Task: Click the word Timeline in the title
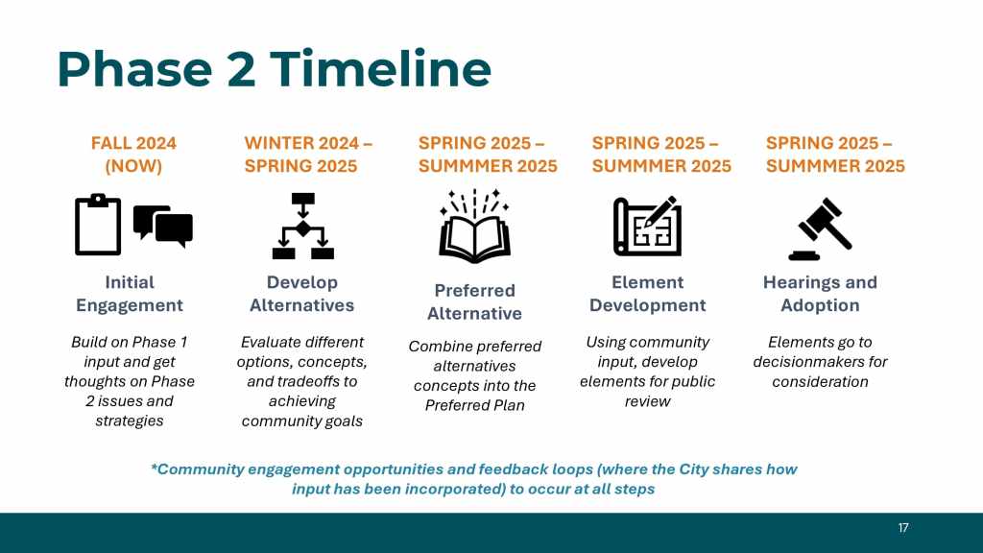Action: coord(380,68)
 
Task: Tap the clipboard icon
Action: coord(98,225)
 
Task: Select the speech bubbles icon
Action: coord(163,226)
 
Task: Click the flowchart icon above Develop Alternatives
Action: coord(302,226)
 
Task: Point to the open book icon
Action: coord(474,226)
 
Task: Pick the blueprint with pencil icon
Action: coord(648,226)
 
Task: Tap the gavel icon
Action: coord(821,228)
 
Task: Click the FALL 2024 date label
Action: coord(133,144)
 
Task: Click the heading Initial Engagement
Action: coord(130,294)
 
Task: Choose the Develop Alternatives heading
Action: coord(302,294)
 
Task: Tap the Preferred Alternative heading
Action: coord(474,301)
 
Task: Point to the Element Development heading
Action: coord(648,294)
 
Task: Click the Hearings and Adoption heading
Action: coord(820,294)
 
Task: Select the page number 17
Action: coord(903,528)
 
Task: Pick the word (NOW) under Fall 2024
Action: coord(133,166)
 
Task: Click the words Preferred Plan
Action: coord(474,405)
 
